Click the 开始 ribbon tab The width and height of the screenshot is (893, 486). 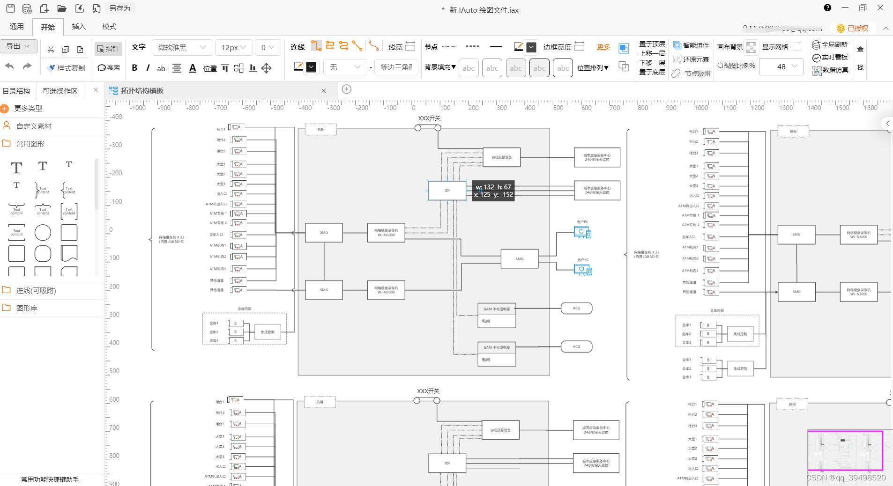click(x=48, y=27)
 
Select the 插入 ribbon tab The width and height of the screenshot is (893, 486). click(x=79, y=27)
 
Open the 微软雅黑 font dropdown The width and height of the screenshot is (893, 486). click(x=182, y=47)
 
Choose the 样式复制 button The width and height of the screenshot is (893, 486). click(x=66, y=68)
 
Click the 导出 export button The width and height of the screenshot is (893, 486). click(x=18, y=46)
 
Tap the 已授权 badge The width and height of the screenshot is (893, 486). click(x=853, y=28)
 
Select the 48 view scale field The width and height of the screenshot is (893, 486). click(x=781, y=66)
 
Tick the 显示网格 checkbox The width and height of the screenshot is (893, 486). click(x=797, y=46)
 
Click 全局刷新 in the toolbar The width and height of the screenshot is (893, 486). click(x=830, y=44)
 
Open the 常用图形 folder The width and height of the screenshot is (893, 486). click(x=30, y=144)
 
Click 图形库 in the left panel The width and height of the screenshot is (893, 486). click(x=27, y=308)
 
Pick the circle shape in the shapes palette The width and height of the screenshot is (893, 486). click(x=43, y=233)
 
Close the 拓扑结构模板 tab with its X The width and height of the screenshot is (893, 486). click(x=323, y=91)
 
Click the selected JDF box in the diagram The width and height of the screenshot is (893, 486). click(x=447, y=191)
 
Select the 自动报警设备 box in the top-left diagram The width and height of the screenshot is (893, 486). click(x=501, y=157)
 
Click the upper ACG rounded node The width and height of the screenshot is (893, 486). click(x=576, y=308)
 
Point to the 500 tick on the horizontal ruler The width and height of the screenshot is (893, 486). click(x=558, y=108)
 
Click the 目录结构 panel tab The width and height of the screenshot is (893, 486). click(x=16, y=91)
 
